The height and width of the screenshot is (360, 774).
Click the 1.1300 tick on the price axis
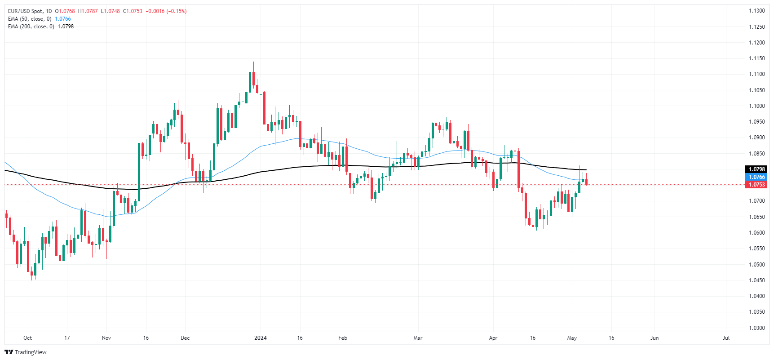(756, 11)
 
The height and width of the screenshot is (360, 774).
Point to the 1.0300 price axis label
(756, 328)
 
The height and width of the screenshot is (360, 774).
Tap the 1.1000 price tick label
(756, 106)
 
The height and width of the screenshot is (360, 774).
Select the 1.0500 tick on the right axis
(756, 265)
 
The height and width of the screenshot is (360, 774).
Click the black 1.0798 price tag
(756, 169)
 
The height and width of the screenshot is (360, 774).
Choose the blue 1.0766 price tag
(756, 177)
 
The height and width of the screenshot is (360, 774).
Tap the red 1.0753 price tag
(756, 185)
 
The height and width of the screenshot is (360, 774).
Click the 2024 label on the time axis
(261, 338)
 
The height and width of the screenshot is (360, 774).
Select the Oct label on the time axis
(28, 338)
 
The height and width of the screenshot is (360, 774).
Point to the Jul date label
(726, 338)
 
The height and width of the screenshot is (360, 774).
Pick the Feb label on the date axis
(343, 338)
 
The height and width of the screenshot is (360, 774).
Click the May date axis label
(572, 338)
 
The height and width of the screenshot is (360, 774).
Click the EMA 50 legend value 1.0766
(63, 19)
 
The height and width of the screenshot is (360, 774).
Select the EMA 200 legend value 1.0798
(66, 27)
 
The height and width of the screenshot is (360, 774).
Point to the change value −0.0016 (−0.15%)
(166, 11)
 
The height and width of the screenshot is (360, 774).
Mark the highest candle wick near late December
(253, 63)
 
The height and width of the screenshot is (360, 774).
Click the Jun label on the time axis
(655, 338)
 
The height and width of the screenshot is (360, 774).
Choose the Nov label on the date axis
(106, 338)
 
